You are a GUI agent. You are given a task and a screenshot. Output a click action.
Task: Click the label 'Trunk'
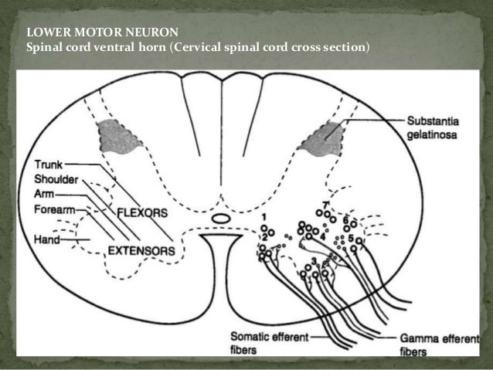50,163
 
